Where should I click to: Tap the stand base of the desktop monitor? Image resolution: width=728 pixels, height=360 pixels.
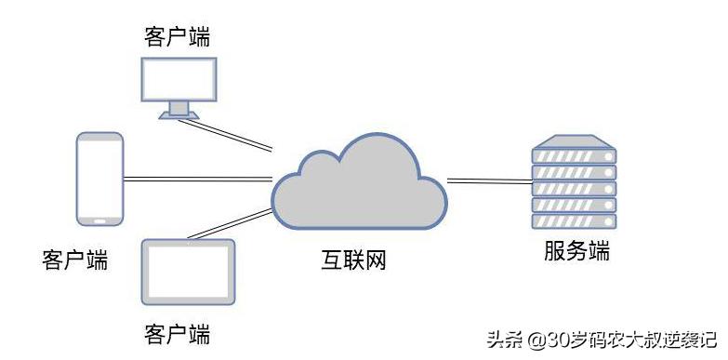click(178, 114)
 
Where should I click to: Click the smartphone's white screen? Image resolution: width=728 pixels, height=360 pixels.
click(99, 176)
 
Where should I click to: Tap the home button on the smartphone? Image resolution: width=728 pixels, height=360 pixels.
click(99, 220)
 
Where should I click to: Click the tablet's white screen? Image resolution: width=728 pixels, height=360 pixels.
click(189, 273)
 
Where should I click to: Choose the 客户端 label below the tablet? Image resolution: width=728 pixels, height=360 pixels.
click(177, 332)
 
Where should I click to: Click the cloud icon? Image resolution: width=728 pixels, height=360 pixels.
click(357, 185)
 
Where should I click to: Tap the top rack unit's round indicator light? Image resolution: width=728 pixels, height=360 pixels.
click(609, 157)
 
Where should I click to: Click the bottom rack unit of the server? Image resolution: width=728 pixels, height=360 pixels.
click(574, 221)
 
